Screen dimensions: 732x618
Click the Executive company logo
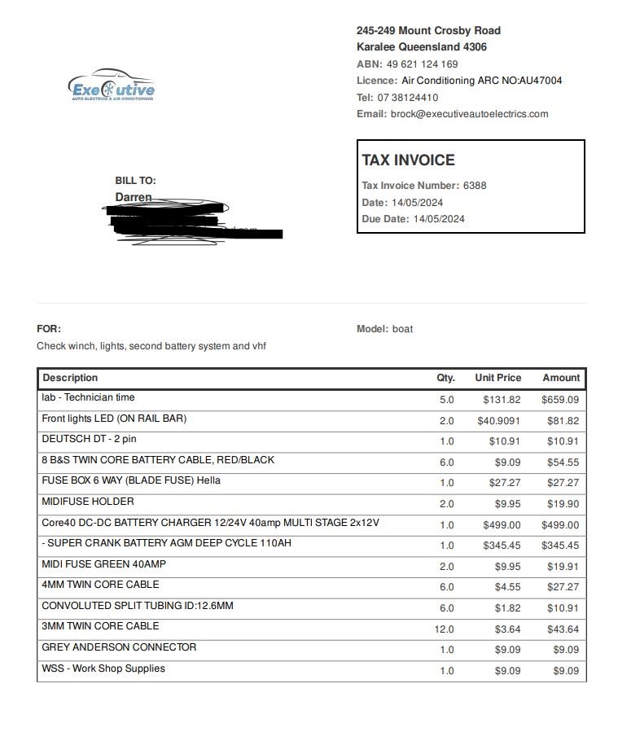(112, 87)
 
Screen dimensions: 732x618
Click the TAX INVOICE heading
(408, 160)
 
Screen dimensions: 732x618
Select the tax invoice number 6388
(475, 186)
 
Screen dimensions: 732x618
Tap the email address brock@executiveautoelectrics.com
(469, 114)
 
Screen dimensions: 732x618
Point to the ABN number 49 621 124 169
(422, 64)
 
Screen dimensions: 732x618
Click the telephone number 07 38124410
(408, 97)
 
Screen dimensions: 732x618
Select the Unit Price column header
(497, 378)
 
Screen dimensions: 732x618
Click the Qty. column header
(445, 378)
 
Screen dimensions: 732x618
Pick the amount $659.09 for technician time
(559, 400)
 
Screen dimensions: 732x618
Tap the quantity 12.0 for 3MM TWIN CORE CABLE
(444, 629)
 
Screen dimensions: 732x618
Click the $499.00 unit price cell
(502, 525)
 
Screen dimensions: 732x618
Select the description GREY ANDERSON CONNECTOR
(119, 647)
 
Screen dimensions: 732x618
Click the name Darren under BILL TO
(133, 197)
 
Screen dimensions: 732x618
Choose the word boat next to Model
(402, 329)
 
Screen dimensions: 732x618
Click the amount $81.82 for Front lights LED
(563, 421)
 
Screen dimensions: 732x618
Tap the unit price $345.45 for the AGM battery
(502, 546)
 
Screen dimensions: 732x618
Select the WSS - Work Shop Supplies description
(103, 668)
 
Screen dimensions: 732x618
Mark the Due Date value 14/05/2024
(439, 219)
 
